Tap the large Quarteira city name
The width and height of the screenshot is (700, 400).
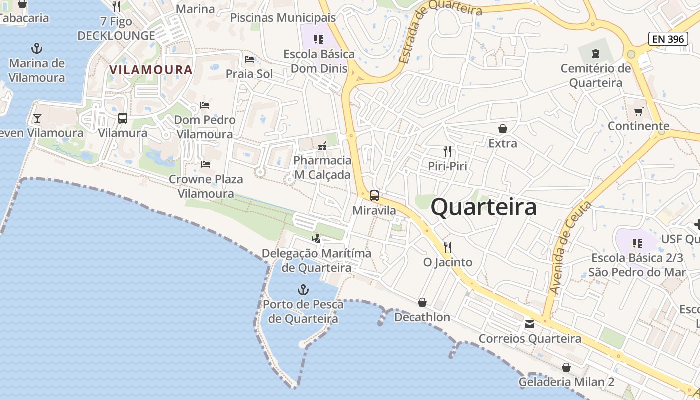pyautogui.click(x=484, y=207)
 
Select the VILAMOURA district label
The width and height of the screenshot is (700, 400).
pyautogui.click(x=151, y=69)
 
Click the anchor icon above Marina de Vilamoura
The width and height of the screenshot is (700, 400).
pyautogui.click(x=37, y=48)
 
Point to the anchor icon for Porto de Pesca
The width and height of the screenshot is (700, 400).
pyautogui.click(x=303, y=290)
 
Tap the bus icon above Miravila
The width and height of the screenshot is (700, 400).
pyautogui.click(x=374, y=196)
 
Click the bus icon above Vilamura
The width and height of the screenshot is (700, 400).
pyautogui.click(x=123, y=118)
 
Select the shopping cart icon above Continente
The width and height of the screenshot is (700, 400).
pyautogui.click(x=638, y=111)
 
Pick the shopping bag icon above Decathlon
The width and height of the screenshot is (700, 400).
pyautogui.click(x=422, y=302)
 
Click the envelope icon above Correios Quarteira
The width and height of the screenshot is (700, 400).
pyautogui.click(x=530, y=324)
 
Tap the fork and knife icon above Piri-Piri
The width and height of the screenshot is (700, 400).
pyautogui.click(x=447, y=151)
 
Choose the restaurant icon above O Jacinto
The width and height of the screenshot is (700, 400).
pyautogui.click(x=448, y=247)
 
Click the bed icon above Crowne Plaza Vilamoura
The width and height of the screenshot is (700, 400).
pyautogui.click(x=206, y=164)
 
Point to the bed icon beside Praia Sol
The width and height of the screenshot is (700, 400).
pyautogui.click(x=249, y=60)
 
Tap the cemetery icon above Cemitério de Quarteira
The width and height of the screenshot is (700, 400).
pyautogui.click(x=595, y=53)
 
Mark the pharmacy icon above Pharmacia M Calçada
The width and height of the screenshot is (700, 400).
pyautogui.click(x=322, y=146)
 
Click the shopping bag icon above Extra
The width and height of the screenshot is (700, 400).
pyautogui.click(x=503, y=129)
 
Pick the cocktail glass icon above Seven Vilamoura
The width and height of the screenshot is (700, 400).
pyautogui.click(x=37, y=118)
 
